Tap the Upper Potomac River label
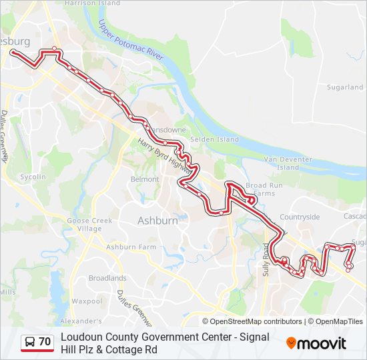131,41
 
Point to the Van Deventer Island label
289,163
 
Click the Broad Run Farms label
260,189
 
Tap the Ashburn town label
157,220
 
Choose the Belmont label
145,179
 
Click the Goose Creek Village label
84,224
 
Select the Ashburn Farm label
131,247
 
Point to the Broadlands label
107,278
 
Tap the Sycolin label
33,177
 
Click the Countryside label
300,217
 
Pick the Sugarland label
344,87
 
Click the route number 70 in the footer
45,342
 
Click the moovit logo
316,343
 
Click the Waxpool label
87,301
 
